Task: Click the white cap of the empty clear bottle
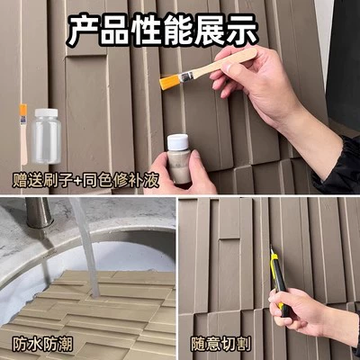click(47, 112)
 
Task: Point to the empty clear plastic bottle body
click(47, 140)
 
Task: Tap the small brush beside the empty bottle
click(23, 134)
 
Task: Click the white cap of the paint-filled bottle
click(178, 142)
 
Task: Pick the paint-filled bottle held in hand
click(179, 159)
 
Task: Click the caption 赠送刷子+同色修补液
click(85, 181)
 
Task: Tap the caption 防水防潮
click(42, 345)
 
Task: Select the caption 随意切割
click(221, 345)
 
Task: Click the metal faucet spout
click(38, 212)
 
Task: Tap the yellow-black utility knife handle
click(279, 282)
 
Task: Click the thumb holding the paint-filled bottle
click(196, 165)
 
